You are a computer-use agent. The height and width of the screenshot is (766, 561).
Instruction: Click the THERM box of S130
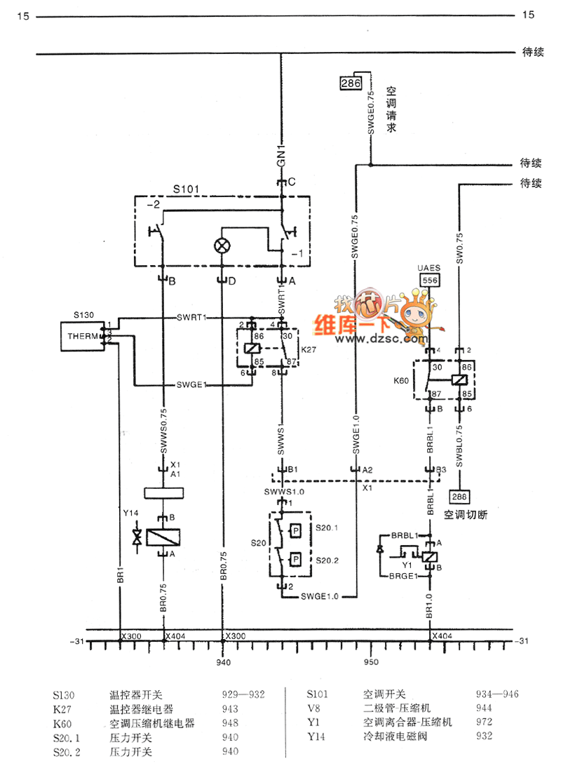(x=81, y=335)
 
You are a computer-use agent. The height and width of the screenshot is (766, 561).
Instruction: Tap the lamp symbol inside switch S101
(x=222, y=246)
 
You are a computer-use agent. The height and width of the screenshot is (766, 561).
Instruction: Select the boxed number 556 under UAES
(x=429, y=280)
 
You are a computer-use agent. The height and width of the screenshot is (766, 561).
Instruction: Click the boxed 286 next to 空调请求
(x=350, y=83)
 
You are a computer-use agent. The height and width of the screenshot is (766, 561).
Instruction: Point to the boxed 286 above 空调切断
(x=459, y=497)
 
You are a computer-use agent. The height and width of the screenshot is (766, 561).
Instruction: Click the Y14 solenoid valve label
(x=131, y=513)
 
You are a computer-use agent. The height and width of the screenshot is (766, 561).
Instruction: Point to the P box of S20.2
(x=297, y=559)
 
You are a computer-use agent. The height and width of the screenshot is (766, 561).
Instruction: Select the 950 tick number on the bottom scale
(x=370, y=662)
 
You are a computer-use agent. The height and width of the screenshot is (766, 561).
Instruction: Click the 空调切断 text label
(x=466, y=514)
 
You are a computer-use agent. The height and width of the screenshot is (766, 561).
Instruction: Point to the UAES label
(x=429, y=268)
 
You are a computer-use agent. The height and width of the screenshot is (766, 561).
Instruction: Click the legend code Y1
(x=313, y=722)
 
